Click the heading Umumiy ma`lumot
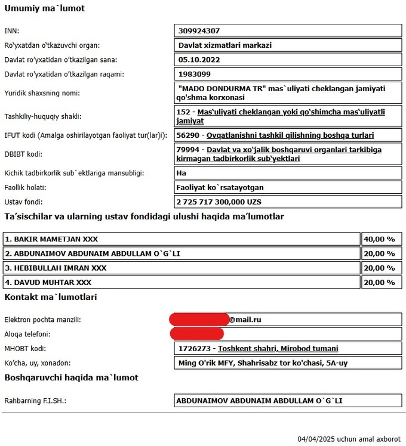(x=44, y=8)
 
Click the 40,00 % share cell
(x=379, y=239)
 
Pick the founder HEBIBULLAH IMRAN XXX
(x=56, y=268)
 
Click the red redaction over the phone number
(x=196, y=334)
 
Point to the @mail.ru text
(x=245, y=320)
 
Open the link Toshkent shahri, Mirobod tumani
(x=278, y=349)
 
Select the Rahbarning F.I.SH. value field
(x=287, y=401)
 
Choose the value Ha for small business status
(x=183, y=173)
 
